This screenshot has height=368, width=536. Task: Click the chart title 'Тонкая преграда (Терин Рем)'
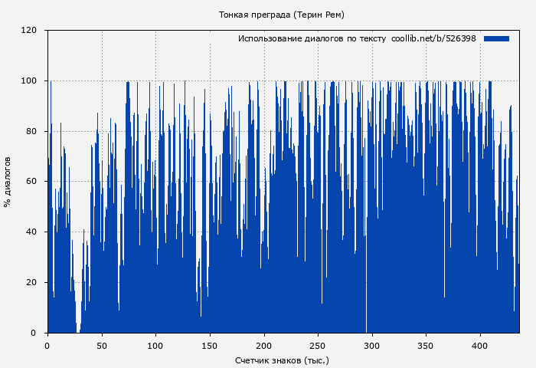281,15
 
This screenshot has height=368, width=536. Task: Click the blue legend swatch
496,38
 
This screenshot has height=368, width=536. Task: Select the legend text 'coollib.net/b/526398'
433,38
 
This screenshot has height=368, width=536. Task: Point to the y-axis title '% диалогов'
8,182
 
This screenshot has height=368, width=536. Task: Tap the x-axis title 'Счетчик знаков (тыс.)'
282,360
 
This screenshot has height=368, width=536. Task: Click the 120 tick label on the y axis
30,31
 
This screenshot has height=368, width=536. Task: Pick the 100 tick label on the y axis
30,80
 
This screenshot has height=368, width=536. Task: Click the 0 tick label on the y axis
34,333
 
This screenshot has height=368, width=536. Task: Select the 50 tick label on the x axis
102,346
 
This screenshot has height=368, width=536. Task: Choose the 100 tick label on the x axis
155,346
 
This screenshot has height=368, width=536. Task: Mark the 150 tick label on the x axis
210,346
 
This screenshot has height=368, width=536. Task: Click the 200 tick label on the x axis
264,346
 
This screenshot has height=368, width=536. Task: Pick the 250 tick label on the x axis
318,346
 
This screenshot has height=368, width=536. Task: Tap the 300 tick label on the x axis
372,346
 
